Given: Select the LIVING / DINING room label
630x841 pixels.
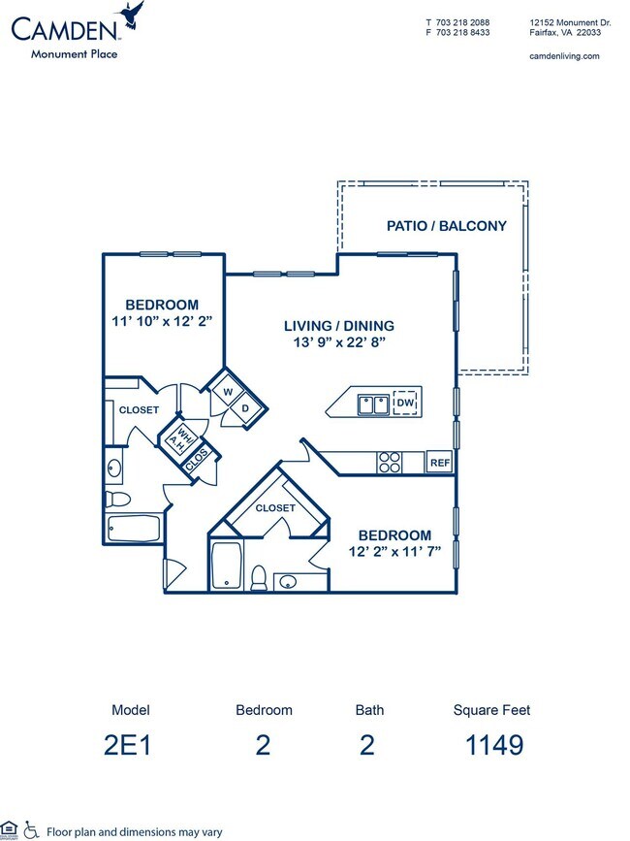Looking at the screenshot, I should (338, 326).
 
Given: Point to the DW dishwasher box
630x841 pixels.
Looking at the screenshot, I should (405, 403).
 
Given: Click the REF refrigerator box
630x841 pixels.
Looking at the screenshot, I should (440, 463).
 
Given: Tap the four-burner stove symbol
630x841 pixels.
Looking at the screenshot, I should (390, 463).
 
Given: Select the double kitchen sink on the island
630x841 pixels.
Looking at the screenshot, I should (373, 403).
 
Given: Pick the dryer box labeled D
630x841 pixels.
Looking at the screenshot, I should (245, 408).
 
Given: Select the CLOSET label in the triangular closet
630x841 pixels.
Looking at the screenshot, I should (275, 507).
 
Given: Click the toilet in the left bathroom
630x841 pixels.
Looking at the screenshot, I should (117, 500).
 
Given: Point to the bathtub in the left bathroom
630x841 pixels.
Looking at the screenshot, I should (133, 530).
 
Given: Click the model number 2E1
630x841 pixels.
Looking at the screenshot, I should (131, 745).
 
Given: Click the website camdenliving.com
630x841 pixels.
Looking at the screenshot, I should (565, 56).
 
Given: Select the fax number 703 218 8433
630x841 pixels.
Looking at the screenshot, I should (464, 32).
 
